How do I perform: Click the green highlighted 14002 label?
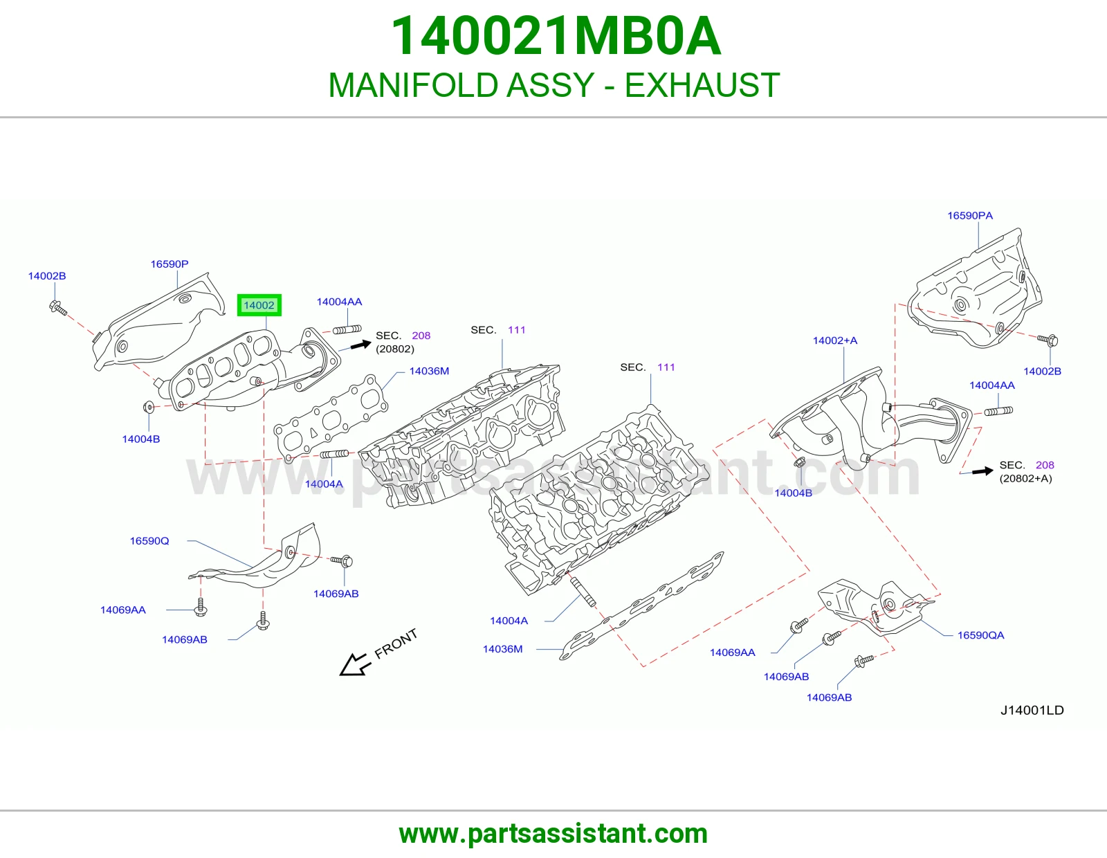point(259,305)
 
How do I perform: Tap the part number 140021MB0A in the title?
point(556,36)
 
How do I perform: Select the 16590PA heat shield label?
point(970,215)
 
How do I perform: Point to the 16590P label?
point(169,264)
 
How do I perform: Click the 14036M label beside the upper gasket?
point(429,371)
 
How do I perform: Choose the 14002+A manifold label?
point(835,340)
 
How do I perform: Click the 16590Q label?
point(149,540)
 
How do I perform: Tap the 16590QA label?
point(980,635)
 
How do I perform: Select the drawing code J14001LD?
point(1032,710)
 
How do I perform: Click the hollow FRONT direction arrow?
point(355,664)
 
